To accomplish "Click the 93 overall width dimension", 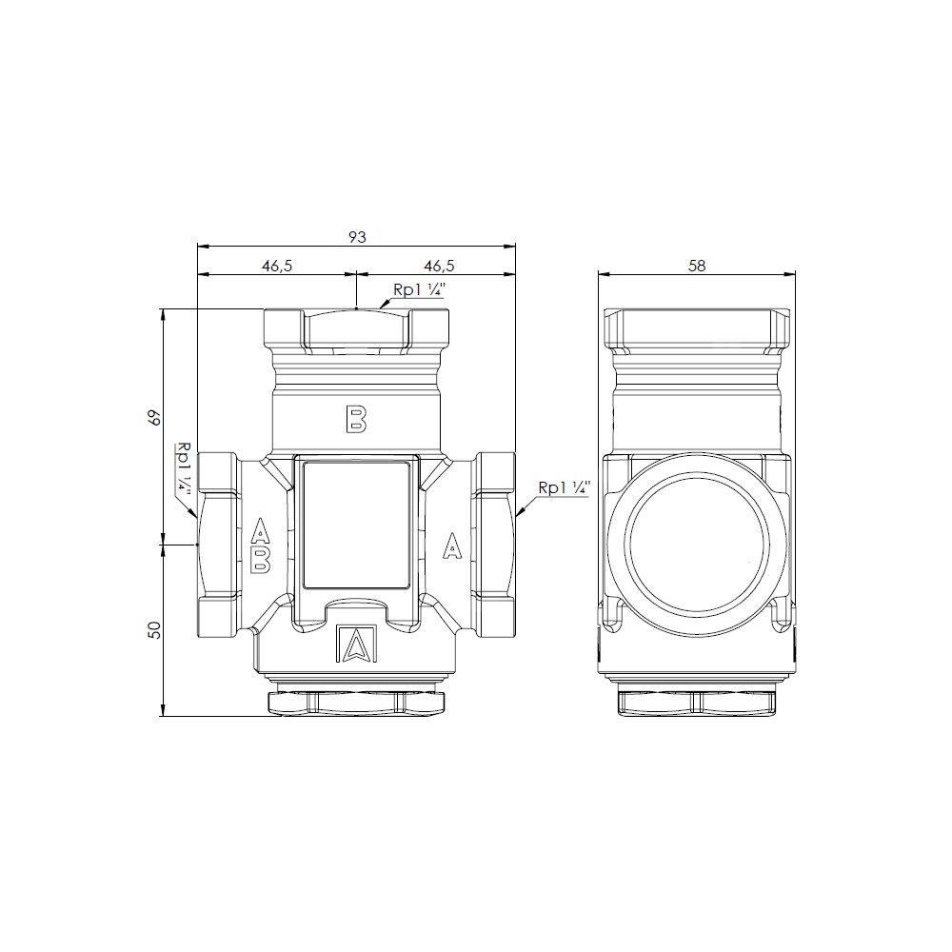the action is click(x=358, y=237).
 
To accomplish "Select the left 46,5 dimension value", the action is click(x=277, y=266).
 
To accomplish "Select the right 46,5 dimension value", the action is click(x=439, y=266).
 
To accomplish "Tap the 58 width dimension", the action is click(x=697, y=266).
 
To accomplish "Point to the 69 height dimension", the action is click(x=156, y=418).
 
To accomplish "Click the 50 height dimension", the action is click(x=156, y=629).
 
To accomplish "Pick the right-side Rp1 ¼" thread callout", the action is click(x=564, y=488).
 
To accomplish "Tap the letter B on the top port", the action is click(x=356, y=419).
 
